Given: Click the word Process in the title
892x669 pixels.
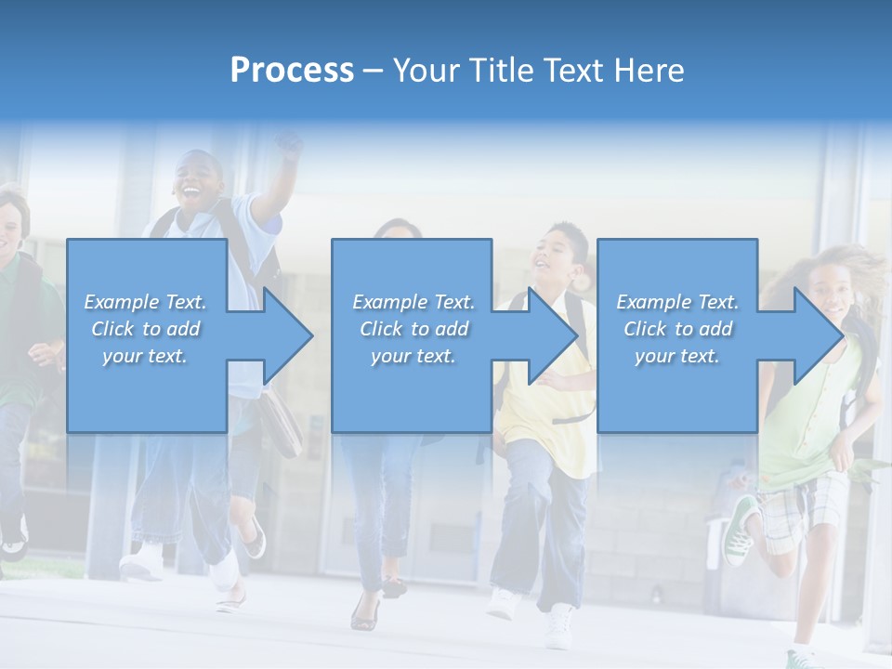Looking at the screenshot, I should pos(292,71).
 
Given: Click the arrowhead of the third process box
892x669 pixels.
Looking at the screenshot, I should pos(819,335).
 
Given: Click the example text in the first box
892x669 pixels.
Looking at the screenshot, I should pos(146,329).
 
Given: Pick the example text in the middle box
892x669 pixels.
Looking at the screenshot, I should pos(413,329).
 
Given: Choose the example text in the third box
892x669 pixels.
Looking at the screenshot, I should pos(677,329).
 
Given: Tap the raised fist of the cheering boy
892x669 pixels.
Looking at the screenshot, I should pos(290,145).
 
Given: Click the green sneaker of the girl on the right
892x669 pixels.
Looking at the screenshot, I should pos(741,530).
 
